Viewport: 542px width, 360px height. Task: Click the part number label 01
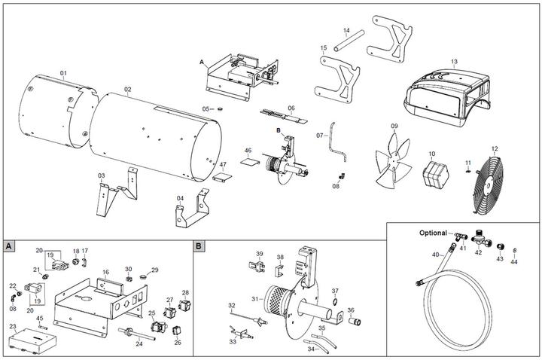click(64, 73)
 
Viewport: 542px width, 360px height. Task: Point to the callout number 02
click(128, 90)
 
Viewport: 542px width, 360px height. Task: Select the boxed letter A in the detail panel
click(8, 246)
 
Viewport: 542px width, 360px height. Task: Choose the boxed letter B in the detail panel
click(198, 246)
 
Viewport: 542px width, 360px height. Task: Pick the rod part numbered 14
click(349, 44)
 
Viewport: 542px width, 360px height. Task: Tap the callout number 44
click(515, 262)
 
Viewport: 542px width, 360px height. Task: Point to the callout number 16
click(105, 271)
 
